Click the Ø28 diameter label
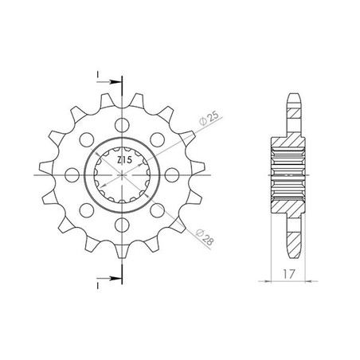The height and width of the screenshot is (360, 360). tap(205, 237)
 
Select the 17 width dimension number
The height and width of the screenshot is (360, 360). tap(288, 274)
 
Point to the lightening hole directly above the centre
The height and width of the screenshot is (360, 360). tap(122, 125)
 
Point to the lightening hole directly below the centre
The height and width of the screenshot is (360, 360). tap(122, 225)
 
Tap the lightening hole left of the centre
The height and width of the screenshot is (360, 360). tap(72, 175)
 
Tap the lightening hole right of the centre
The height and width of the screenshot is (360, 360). tap(172, 175)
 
